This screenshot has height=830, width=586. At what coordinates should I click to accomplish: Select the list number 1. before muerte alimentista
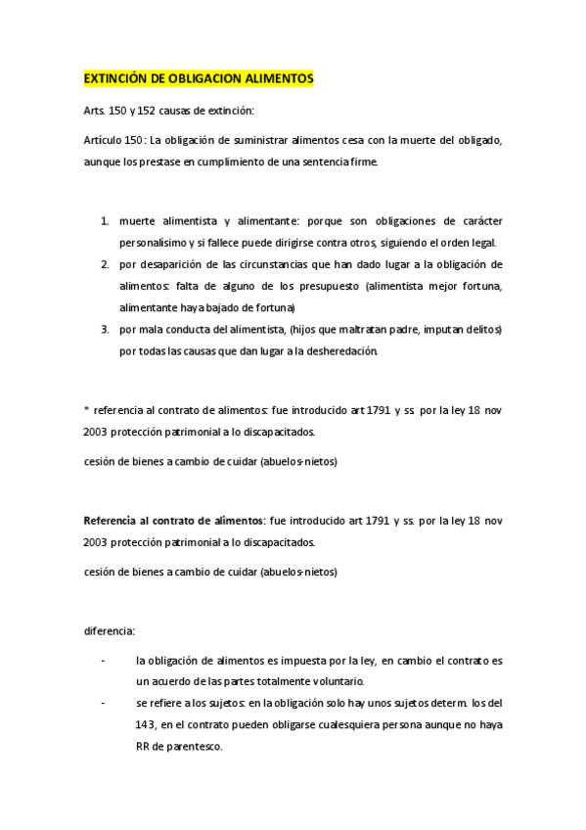click(x=105, y=222)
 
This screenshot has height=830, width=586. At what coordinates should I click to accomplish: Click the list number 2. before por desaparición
click(x=105, y=265)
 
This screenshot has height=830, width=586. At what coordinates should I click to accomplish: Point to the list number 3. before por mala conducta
click(x=105, y=330)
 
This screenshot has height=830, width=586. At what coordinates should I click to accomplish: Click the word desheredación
click(x=343, y=351)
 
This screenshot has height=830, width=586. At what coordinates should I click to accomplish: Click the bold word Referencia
click(x=111, y=520)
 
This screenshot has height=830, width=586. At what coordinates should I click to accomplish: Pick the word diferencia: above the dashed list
click(x=110, y=629)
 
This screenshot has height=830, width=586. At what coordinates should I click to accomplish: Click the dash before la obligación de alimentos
click(x=104, y=661)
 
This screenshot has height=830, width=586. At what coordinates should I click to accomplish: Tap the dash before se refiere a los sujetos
click(x=104, y=704)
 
